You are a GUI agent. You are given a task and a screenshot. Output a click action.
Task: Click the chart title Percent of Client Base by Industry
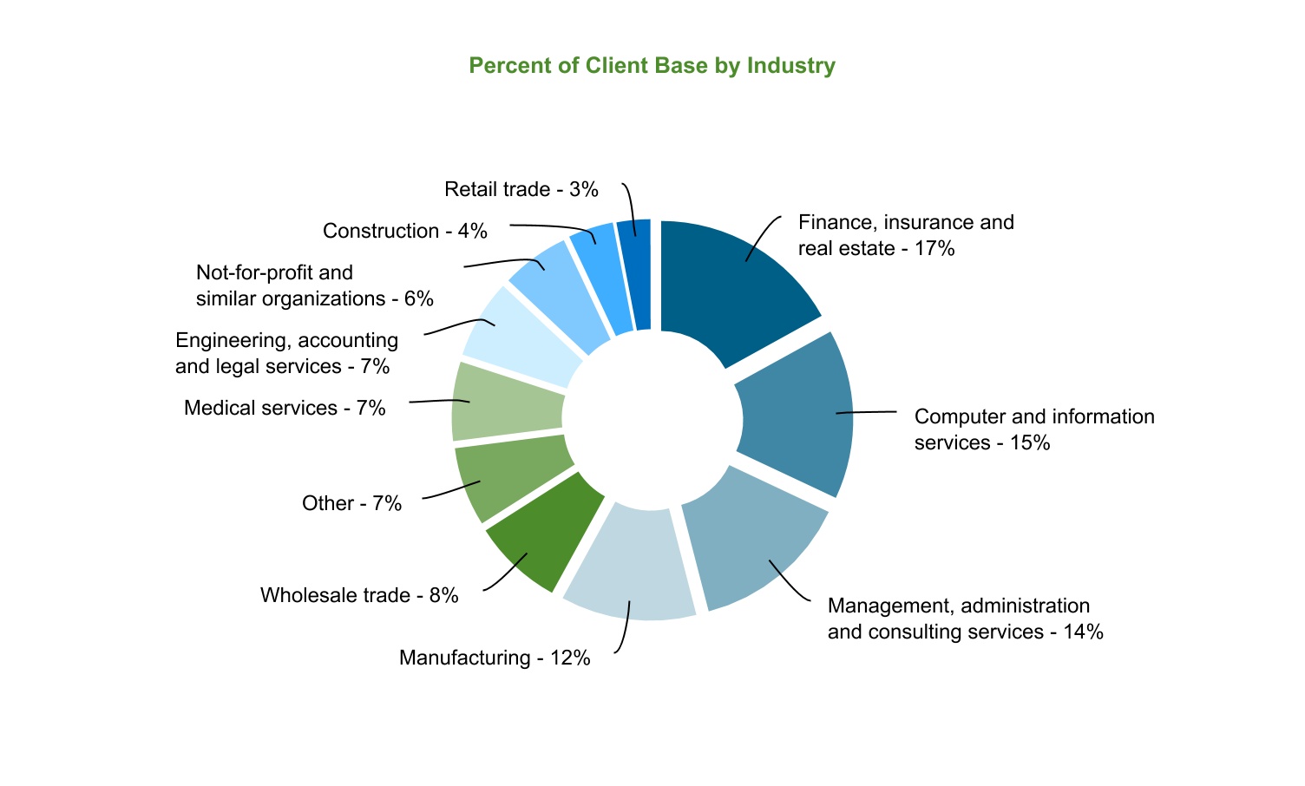652,66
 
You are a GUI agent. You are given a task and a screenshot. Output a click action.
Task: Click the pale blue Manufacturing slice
629,564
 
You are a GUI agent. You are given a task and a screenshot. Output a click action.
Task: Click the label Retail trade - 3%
521,189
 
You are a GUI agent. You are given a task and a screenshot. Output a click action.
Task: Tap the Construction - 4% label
404,231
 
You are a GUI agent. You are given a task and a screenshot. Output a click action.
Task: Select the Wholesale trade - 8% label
359,595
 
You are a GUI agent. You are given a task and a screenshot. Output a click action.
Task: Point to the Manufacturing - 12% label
495,658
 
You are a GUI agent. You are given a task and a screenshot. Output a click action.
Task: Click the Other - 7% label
351,503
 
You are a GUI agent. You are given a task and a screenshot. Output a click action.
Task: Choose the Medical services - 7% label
285,408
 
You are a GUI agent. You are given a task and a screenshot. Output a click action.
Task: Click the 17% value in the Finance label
934,248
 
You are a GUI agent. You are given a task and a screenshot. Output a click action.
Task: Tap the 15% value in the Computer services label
1030,442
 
